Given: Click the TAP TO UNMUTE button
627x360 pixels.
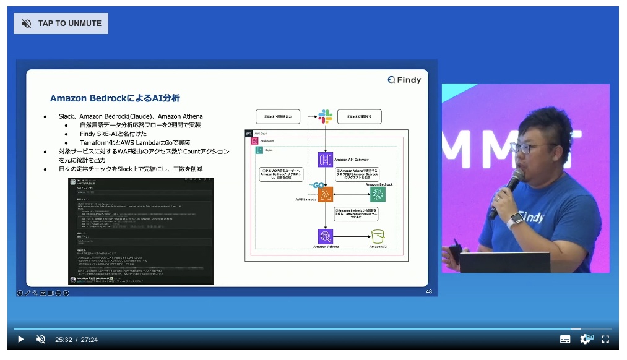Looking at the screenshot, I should pos(61,24).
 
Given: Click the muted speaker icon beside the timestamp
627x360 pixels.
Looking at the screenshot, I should pos(40,339).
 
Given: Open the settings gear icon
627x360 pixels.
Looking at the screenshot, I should pos(585,339).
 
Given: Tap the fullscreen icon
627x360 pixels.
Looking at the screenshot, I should pos(605,339).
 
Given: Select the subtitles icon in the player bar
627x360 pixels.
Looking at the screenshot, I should pos(565,339).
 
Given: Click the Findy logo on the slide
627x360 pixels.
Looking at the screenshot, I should pos(404,79).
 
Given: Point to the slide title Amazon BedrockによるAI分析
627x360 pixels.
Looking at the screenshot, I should pos(115,98).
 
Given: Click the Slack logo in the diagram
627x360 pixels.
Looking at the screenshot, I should pos(326,116).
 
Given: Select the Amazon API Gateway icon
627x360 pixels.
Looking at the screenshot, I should pos(326,160).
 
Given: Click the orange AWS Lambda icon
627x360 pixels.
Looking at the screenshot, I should pos(326,194).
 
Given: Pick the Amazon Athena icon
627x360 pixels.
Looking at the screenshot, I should pos(326,236).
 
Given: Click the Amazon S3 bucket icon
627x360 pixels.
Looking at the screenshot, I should pos(378,236).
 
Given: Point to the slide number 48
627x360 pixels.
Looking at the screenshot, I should pos(428,291).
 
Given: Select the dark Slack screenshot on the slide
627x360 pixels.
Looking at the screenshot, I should pos(141,231).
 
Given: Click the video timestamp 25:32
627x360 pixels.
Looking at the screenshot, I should pos(63,340).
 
